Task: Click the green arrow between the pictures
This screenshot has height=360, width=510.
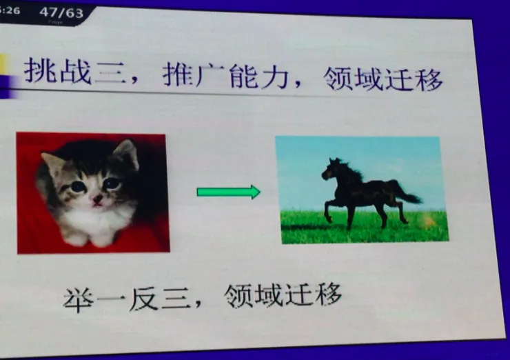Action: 228,192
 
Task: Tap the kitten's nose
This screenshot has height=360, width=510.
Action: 97,197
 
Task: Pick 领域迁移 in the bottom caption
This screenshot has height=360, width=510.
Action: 283,294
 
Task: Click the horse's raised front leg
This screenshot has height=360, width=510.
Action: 329,207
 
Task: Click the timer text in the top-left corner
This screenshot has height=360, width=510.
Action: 10,11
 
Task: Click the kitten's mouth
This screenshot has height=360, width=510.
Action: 99,204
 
